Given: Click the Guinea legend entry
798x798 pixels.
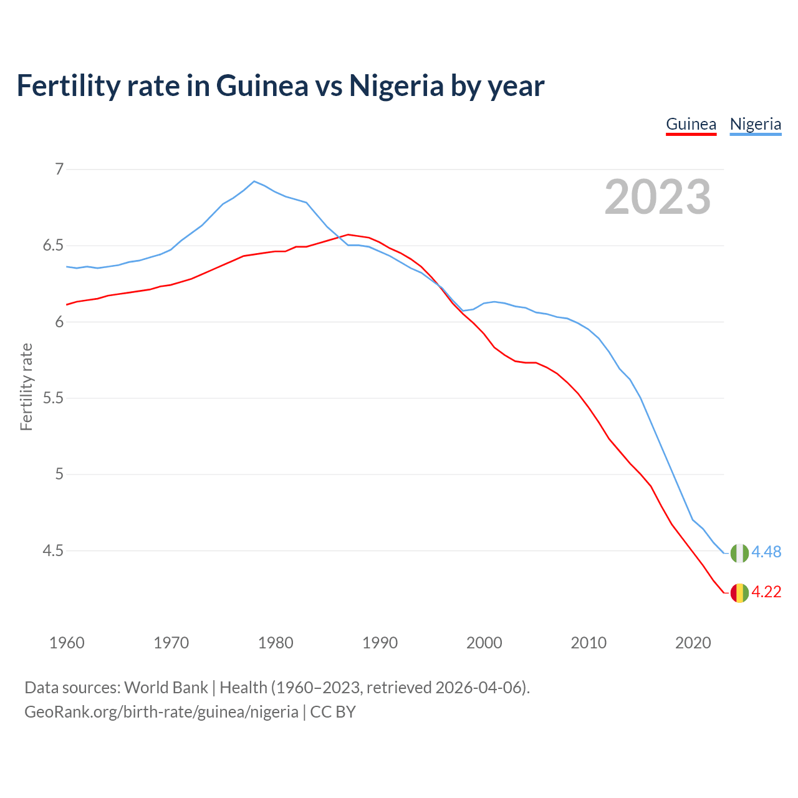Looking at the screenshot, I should click(x=691, y=124).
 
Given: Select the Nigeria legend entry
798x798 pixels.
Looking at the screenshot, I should click(x=755, y=124).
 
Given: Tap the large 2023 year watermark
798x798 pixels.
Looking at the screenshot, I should click(x=657, y=197).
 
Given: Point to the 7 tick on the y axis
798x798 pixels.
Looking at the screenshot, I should click(x=59, y=169).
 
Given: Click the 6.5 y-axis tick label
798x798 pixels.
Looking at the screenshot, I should click(x=53, y=246).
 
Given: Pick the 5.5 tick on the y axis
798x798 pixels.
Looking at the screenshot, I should click(x=53, y=398).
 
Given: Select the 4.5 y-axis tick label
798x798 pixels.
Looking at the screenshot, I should click(x=53, y=551).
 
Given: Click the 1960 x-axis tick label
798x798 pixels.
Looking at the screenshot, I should click(x=67, y=643).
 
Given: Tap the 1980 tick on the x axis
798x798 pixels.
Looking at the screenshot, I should click(x=276, y=643).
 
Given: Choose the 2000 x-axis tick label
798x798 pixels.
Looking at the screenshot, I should click(x=484, y=643).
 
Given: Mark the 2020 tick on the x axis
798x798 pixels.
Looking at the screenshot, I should click(x=693, y=643).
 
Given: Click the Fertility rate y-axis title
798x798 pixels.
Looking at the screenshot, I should click(x=26, y=387).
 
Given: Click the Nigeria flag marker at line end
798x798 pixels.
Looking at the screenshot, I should click(x=739, y=553).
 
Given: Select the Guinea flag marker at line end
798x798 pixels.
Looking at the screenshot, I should click(x=739, y=593).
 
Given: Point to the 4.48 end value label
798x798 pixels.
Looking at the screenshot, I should click(x=766, y=552).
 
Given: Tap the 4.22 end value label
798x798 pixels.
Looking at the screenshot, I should click(x=766, y=592).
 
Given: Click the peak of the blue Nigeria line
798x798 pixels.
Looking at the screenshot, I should click(x=254, y=181).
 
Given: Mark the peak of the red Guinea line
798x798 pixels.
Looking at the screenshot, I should click(x=348, y=234).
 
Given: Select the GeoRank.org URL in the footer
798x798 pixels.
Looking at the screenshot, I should click(x=161, y=712).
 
